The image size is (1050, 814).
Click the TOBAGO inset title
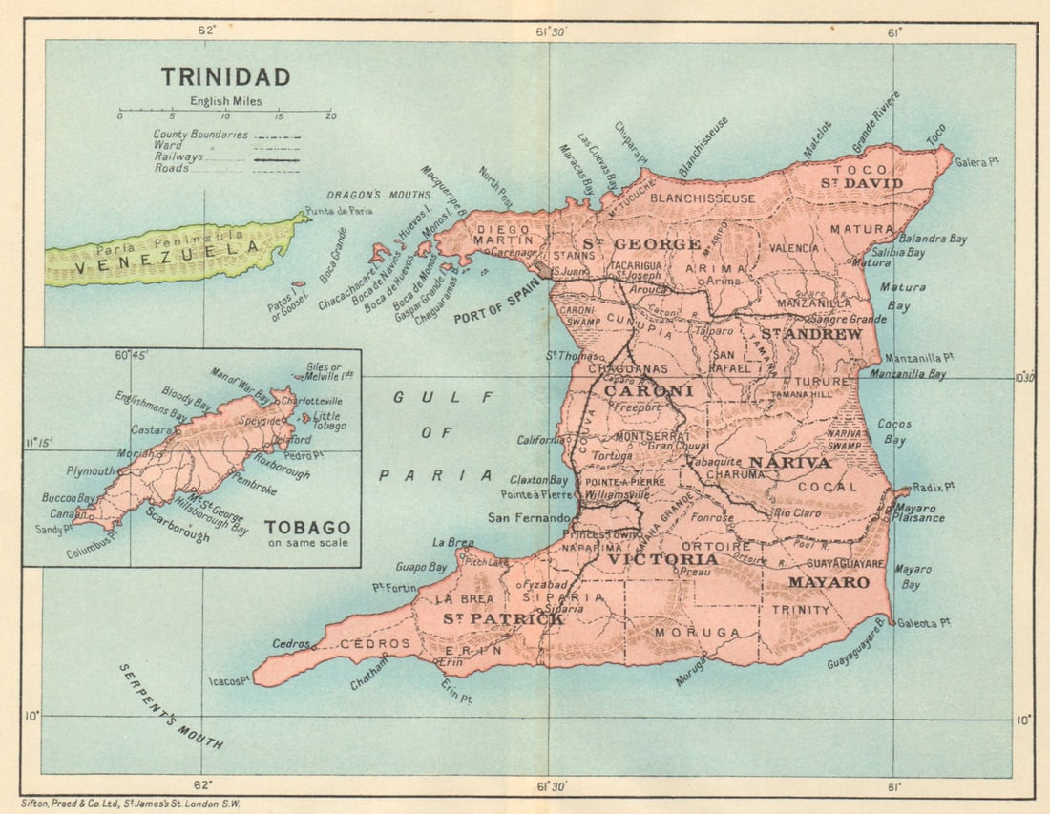[x=306, y=528]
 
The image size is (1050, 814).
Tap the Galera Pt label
[x=976, y=163]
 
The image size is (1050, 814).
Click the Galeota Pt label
[x=926, y=622]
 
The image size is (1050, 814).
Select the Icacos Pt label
[x=229, y=681]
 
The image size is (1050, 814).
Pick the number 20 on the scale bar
[x=330, y=115]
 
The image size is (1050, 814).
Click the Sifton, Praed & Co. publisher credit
[x=131, y=804]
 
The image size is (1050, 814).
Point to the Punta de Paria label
[x=338, y=211]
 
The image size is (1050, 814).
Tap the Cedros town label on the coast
[x=289, y=643]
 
